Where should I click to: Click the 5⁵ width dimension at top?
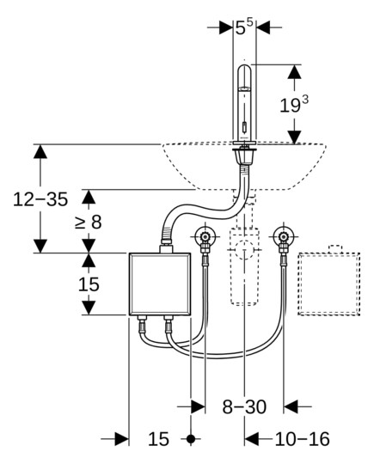(244, 27)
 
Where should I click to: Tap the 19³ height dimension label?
(294, 105)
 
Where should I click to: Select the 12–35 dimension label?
(40, 198)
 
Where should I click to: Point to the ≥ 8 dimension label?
(89, 222)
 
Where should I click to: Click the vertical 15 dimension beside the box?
(89, 284)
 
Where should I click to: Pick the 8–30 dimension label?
(244, 406)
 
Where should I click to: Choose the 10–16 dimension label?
(303, 439)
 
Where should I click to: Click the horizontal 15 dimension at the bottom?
(158, 439)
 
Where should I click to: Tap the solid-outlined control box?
(160, 284)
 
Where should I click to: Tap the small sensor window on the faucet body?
(244, 128)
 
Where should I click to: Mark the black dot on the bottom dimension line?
(191, 438)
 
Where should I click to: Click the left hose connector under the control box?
(142, 325)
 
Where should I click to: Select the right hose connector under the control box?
(169, 325)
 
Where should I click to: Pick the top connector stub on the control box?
(166, 248)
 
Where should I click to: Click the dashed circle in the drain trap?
(244, 250)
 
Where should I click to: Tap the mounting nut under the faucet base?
(244, 156)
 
